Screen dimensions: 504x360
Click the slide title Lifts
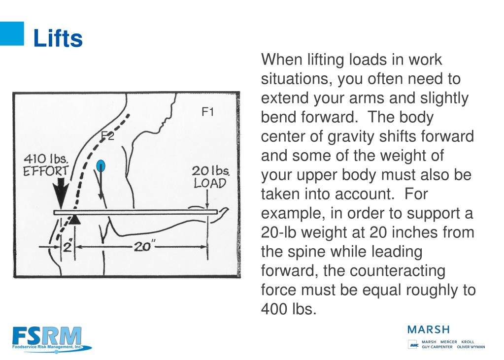coord(58,38)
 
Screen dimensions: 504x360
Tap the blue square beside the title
coord(11,33)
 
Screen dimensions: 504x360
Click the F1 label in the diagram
coord(208,112)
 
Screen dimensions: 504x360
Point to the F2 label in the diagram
coord(107,136)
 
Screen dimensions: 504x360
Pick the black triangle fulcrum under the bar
coord(74,219)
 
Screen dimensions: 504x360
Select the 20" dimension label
coord(142,247)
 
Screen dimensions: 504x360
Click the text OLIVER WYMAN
coord(470,347)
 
